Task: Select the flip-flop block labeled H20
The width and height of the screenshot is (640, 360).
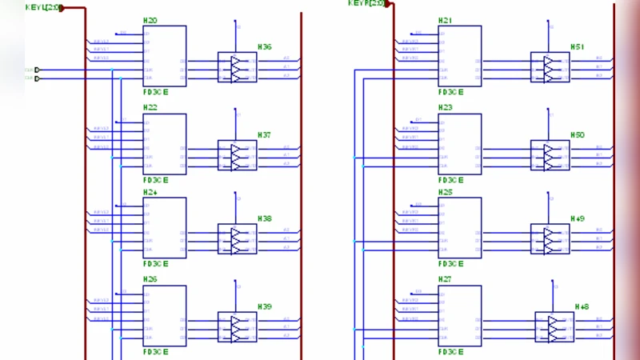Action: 165,56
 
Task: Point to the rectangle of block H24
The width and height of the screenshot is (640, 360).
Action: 165,228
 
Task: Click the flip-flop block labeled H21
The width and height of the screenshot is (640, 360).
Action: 459,56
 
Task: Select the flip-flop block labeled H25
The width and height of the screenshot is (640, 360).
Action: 459,228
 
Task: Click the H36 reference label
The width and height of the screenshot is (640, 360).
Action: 264,47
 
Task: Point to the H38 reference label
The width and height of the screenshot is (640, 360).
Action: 264,218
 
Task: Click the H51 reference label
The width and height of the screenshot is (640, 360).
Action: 577,47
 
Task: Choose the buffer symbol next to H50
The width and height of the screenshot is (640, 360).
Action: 550,155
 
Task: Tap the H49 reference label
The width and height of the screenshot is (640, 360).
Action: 577,218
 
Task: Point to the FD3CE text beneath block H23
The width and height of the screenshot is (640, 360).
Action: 450,180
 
